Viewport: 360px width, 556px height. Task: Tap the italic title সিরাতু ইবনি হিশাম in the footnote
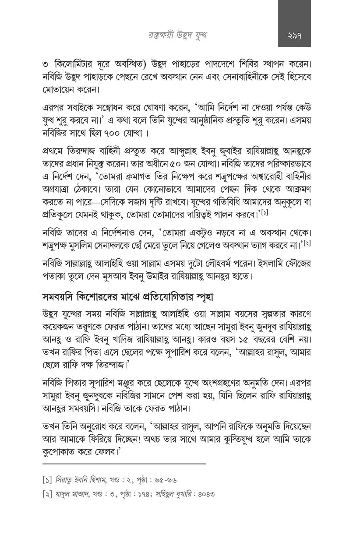(x=81, y=480)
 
